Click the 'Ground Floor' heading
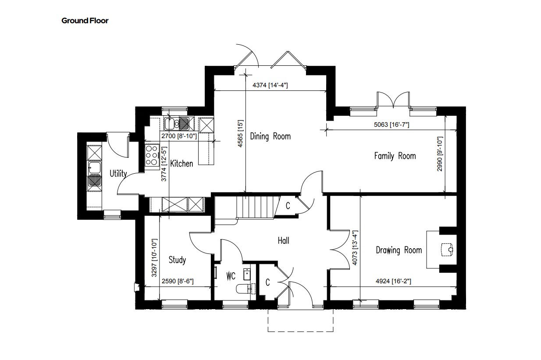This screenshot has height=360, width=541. [x=85, y=21]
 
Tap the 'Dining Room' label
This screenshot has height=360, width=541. [x=270, y=136]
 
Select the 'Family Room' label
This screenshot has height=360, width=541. [x=395, y=156]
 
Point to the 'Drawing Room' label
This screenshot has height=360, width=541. [x=399, y=250]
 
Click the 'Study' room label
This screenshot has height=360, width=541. [x=177, y=260]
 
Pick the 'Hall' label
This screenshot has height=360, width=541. [x=283, y=241]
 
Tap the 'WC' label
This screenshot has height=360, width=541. [x=231, y=276]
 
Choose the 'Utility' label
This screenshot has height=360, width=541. [x=118, y=174]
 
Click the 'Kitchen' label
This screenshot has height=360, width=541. [x=182, y=164]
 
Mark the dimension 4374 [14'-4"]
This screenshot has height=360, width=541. [x=270, y=85]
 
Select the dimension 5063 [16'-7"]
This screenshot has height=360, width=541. [x=392, y=125]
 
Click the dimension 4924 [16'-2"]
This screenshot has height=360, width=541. [x=393, y=281]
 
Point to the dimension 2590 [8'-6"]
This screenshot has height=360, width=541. [x=178, y=281]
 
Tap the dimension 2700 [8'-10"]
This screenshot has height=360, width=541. [x=179, y=136]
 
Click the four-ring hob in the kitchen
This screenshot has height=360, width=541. [x=152, y=155]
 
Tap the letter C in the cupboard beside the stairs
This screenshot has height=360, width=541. [x=288, y=206]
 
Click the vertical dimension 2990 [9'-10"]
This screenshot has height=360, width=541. [x=440, y=154]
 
